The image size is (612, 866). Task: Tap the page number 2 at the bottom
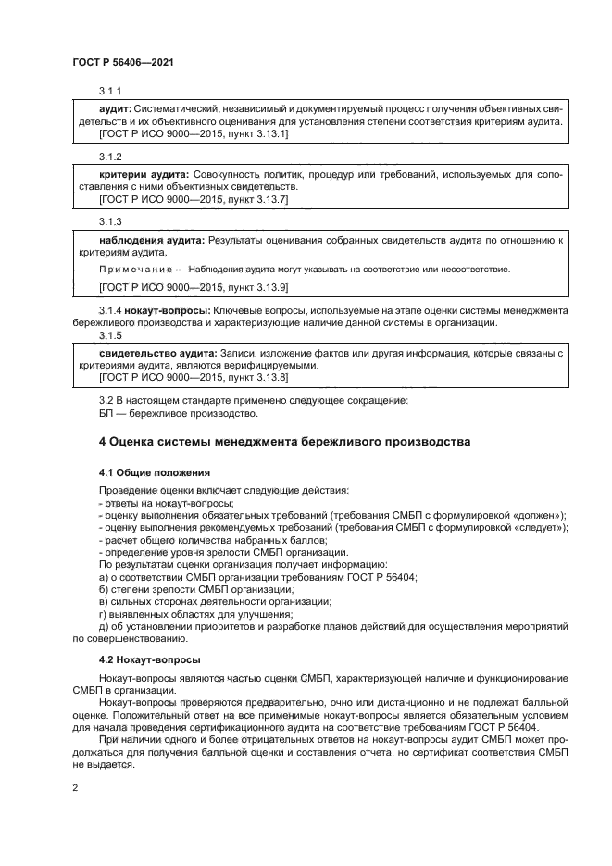pyautogui.click(x=75, y=787)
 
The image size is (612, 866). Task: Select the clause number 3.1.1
pyautogui.click(x=110, y=90)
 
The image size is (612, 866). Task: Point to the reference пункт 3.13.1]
pyautogui.click(x=256, y=133)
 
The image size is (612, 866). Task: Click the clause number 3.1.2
pyautogui.click(x=110, y=156)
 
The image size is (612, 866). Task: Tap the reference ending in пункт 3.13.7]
pyautogui.click(x=256, y=198)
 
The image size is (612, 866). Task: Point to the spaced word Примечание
pyautogui.click(x=129, y=269)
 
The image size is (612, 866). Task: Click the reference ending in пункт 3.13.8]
pyautogui.click(x=256, y=377)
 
